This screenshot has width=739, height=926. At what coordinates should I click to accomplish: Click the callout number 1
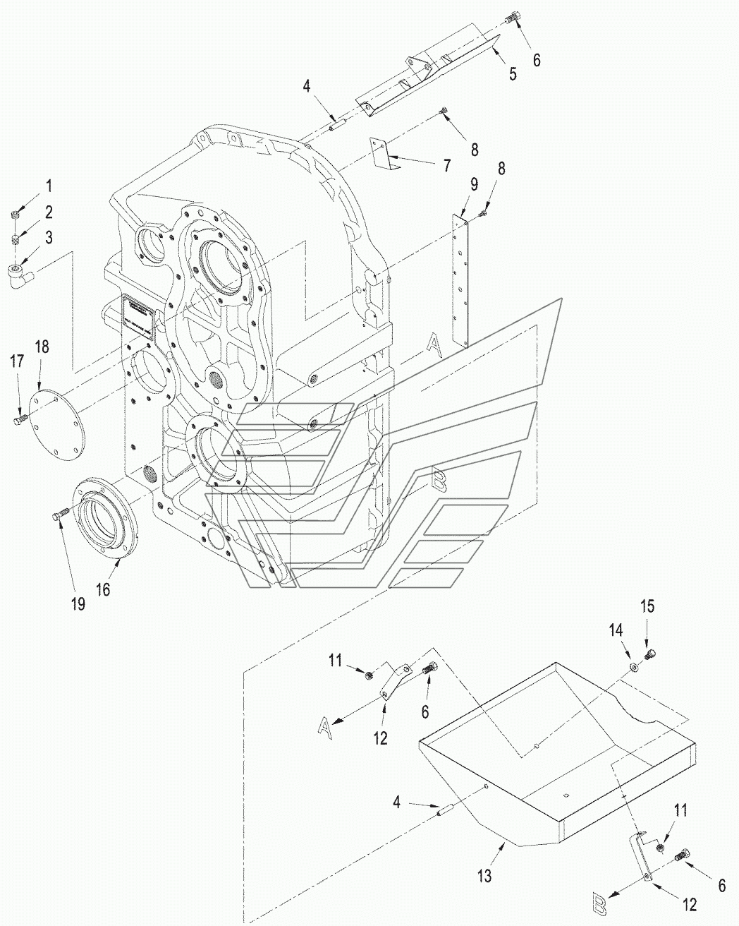click(49, 186)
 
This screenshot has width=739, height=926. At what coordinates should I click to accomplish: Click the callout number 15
click(647, 606)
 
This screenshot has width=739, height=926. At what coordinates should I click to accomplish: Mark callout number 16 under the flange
click(103, 589)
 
